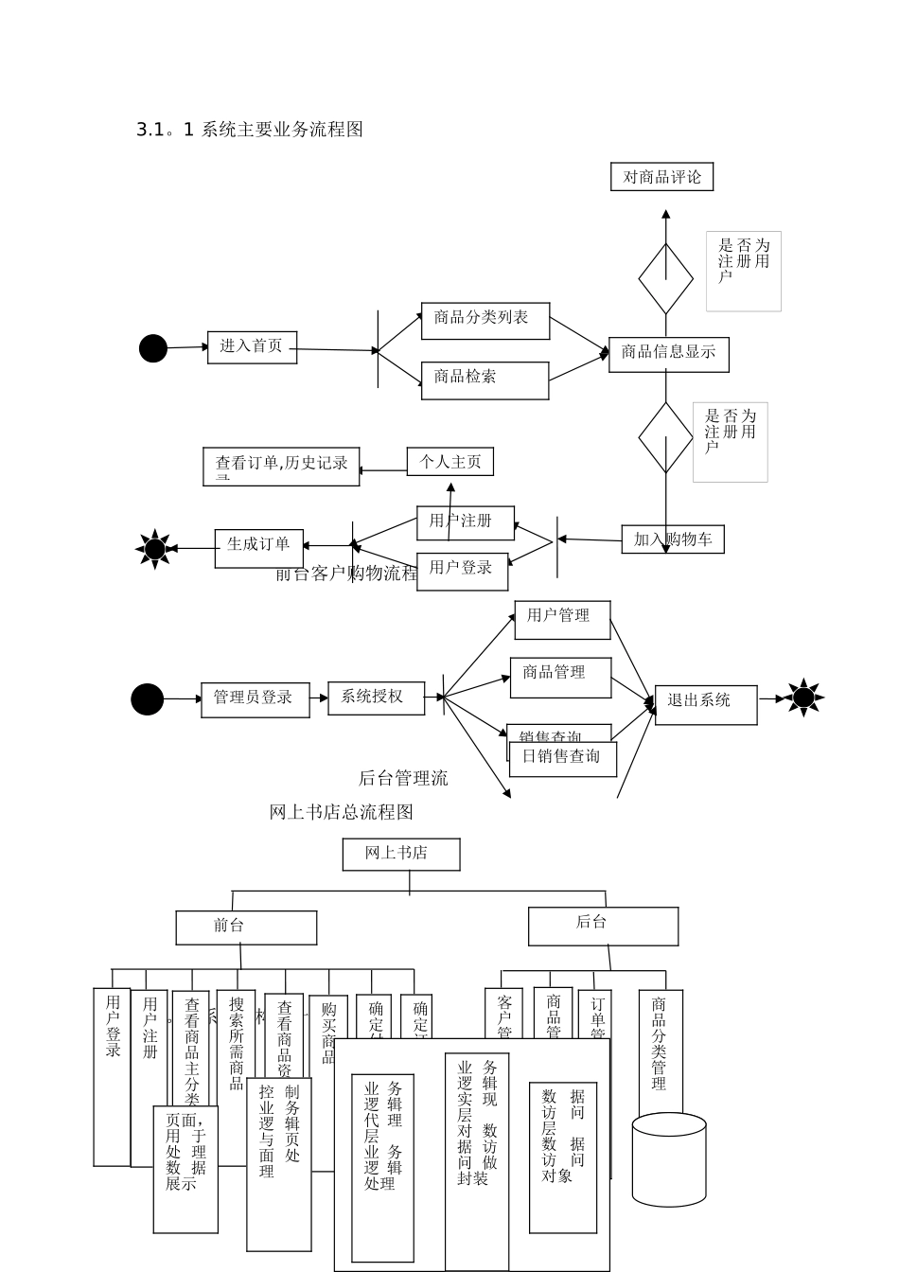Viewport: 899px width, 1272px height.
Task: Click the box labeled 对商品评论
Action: [x=661, y=177]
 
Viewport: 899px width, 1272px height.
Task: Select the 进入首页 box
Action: [x=252, y=346]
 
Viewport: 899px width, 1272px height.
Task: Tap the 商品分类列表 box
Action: [x=485, y=320]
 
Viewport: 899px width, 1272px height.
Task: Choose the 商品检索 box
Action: [x=485, y=380]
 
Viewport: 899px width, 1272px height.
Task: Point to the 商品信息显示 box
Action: [x=668, y=354]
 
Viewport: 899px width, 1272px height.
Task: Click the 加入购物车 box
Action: [x=673, y=539]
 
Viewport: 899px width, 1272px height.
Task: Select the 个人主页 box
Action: [x=450, y=462]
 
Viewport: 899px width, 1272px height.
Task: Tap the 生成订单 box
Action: [x=258, y=548]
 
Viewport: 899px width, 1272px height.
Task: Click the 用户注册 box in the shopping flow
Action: [x=465, y=522]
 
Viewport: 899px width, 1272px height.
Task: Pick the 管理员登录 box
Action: [x=255, y=699]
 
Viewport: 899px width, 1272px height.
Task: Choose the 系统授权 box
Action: [x=376, y=698]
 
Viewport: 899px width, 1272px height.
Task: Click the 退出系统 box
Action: [x=705, y=704]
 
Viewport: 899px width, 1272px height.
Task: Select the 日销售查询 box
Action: [x=562, y=758]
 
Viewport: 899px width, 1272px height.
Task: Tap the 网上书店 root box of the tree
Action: [x=400, y=854]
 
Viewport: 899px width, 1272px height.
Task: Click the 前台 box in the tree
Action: [x=246, y=927]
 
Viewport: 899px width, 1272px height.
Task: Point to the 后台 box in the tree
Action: [x=603, y=926]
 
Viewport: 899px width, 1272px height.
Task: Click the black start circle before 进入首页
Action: [x=153, y=348]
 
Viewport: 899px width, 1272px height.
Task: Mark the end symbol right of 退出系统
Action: [x=803, y=698]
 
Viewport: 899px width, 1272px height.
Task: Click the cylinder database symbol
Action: [x=668, y=1159]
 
